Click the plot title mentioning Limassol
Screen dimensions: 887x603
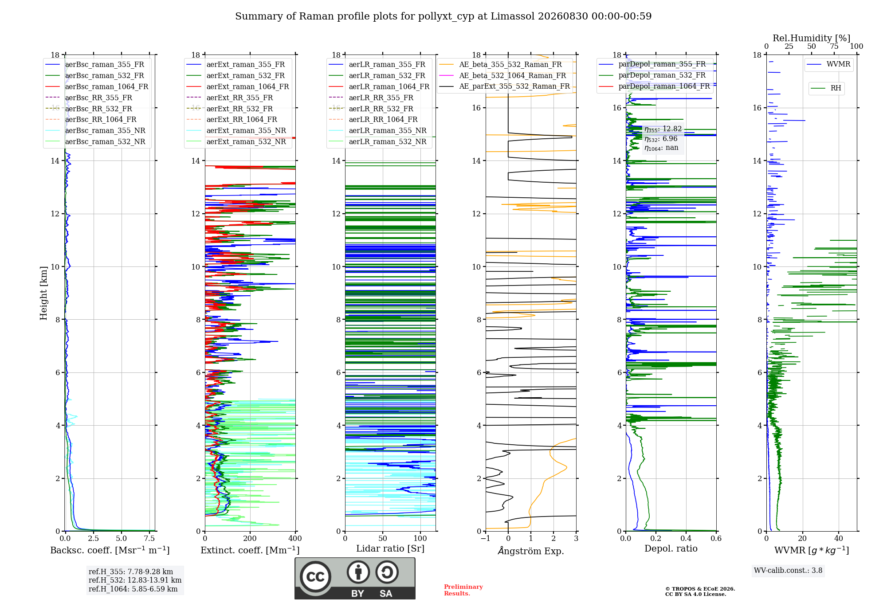[443, 16]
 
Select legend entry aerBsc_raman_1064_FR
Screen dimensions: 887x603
[97, 86]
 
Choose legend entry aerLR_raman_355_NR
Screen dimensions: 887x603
[377, 130]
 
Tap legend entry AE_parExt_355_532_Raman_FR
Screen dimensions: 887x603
[504, 86]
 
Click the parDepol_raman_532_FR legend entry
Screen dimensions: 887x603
[652, 75]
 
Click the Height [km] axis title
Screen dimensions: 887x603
[43, 293]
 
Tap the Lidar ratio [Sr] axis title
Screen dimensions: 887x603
[390, 548]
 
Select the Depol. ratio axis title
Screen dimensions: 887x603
[671, 548]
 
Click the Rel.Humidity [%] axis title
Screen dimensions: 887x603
[812, 38]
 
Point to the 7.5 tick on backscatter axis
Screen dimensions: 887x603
[149, 538]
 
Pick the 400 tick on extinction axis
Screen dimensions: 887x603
[295, 538]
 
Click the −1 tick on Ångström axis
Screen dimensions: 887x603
[486, 538]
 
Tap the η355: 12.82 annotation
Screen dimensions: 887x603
[663, 129]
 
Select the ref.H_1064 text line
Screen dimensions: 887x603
[133, 589]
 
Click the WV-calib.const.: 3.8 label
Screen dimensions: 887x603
[788, 570]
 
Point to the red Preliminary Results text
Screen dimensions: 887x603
[463, 590]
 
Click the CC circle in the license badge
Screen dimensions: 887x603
[315, 577]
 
